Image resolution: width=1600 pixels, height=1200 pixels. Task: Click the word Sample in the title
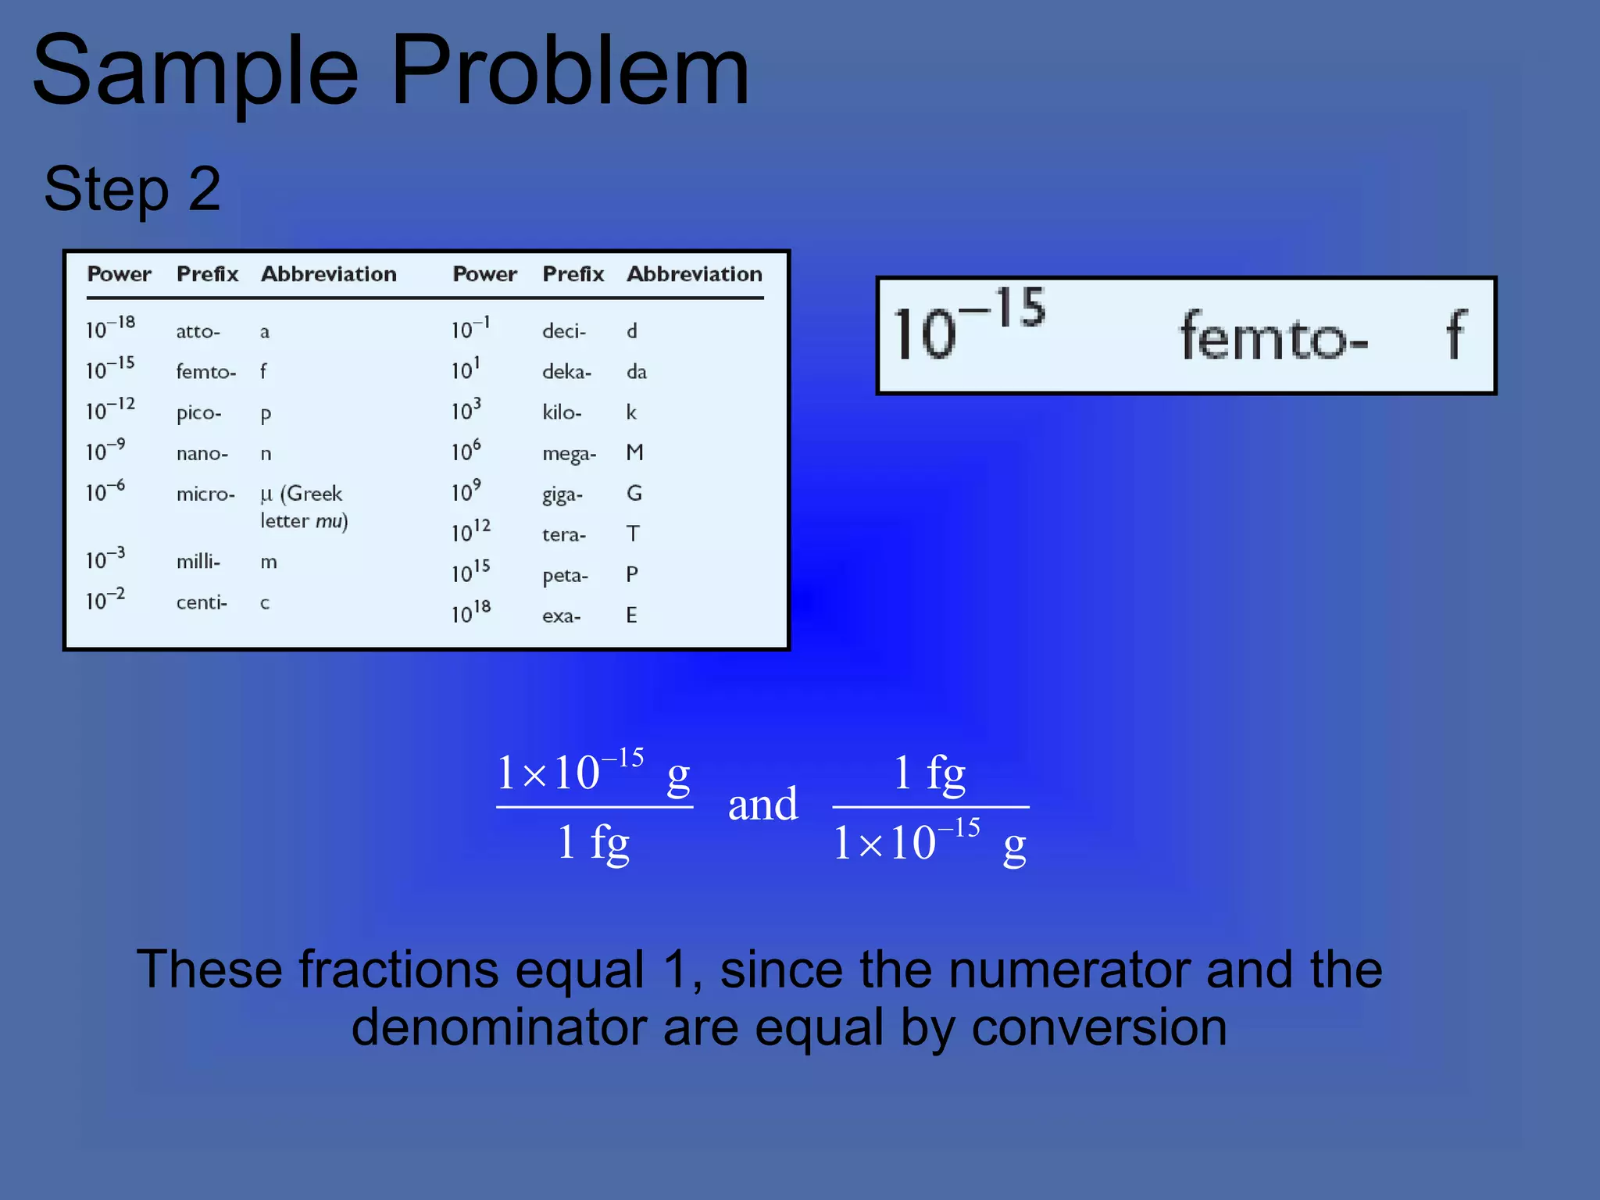point(195,72)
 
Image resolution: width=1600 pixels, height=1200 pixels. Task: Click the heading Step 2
point(132,189)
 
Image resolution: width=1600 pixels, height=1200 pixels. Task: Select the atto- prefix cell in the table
point(198,331)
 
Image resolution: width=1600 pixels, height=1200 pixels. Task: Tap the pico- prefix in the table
point(198,412)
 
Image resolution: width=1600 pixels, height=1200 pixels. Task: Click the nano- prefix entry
point(202,453)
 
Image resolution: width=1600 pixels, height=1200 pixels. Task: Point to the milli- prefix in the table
point(198,561)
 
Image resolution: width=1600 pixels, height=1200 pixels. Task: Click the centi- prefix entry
point(201,602)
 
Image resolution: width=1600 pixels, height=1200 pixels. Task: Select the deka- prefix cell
point(566,372)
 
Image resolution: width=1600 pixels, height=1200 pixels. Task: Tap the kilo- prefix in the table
point(562,412)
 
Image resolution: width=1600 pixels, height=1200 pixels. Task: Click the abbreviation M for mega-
point(634,452)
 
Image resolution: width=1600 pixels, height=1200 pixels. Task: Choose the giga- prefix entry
point(562,495)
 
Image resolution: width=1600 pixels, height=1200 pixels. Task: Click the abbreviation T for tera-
point(633,534)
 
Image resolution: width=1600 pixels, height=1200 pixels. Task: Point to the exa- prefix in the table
point(561,616)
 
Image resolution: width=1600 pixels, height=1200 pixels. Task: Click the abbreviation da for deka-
point(636,372)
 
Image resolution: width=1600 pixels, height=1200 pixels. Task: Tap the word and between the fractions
point(762,805)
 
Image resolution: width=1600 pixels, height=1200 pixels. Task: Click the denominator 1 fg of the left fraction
point(593,844)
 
